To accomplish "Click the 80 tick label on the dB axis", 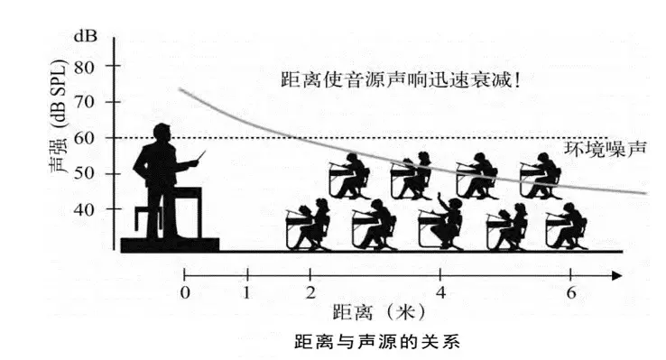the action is tap(86, 67).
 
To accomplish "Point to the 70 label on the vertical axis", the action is tap(86, 102).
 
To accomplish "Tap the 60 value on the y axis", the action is tap(86, 138).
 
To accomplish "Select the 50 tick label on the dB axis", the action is tap(86, 173).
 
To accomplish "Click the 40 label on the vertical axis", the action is tap(86, 209).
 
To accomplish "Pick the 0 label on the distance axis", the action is tap(185, 292).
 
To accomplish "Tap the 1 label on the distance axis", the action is tap(247, 292).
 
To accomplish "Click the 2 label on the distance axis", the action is tap(310, 292).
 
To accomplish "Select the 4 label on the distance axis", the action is tap(441, 292).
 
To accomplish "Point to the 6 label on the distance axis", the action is tap(571, 292).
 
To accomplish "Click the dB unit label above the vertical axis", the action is tap(86, 36).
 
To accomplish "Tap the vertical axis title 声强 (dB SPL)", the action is tap(58, 116).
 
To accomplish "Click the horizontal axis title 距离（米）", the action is tap(378, 313).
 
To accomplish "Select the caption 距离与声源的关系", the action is tap(377, 342).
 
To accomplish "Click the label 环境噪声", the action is tap(605, 149).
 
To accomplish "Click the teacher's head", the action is tap(162, 133).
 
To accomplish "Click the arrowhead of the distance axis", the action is tap(616, 276).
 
